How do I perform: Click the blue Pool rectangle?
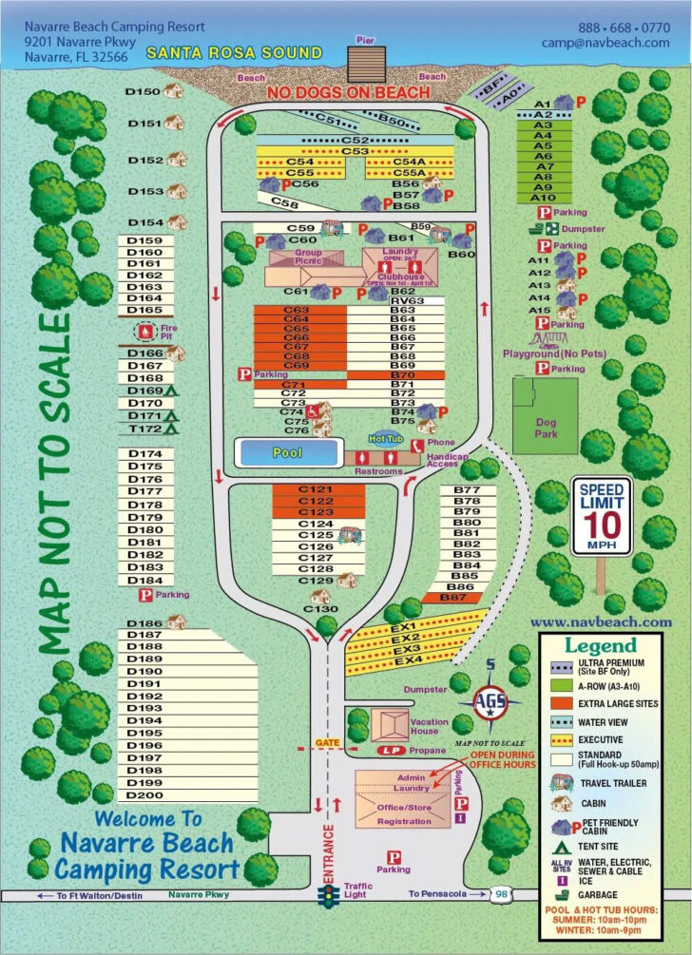pyautogui.click(x=287, y=453)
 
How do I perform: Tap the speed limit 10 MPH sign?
pyautogui.click(x=601, y=518)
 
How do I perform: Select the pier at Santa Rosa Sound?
pyautogui.click(x=366, y=64)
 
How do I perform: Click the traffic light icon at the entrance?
pyautogui.click(x=330, y=894)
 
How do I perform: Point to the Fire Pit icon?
pyautogui.click(x=144, y=332)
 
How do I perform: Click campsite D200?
pyautogui.click(x=144, y=794)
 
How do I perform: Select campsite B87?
pyautogui.click(x=466, y=598)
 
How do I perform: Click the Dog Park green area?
pyautogui.click(x=545, y=415)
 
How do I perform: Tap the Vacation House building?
pyautogui.click(x=385, y=725)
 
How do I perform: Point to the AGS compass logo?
pyautogui.click(x=490, y=702)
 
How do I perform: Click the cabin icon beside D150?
pyautogui.click(x=172, y=90)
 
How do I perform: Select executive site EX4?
pyautogui.click(x=408, y=659)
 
